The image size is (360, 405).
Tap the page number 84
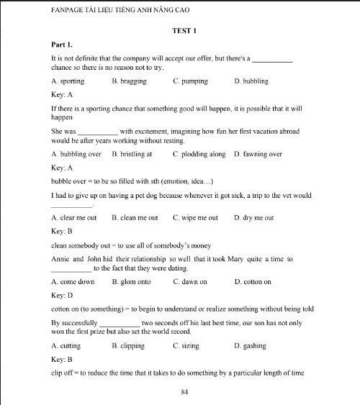186,391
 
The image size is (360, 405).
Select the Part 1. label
62,45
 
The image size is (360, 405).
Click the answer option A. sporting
68,81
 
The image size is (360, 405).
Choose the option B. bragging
130,81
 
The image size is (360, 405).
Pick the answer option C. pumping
190,81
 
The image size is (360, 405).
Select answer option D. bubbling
251,81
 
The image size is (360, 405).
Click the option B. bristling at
132,154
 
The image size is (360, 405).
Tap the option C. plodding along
199,154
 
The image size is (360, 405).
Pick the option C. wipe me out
195,217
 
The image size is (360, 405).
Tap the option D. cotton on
253,281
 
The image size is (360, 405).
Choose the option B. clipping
129,345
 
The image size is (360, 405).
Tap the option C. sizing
188,345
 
